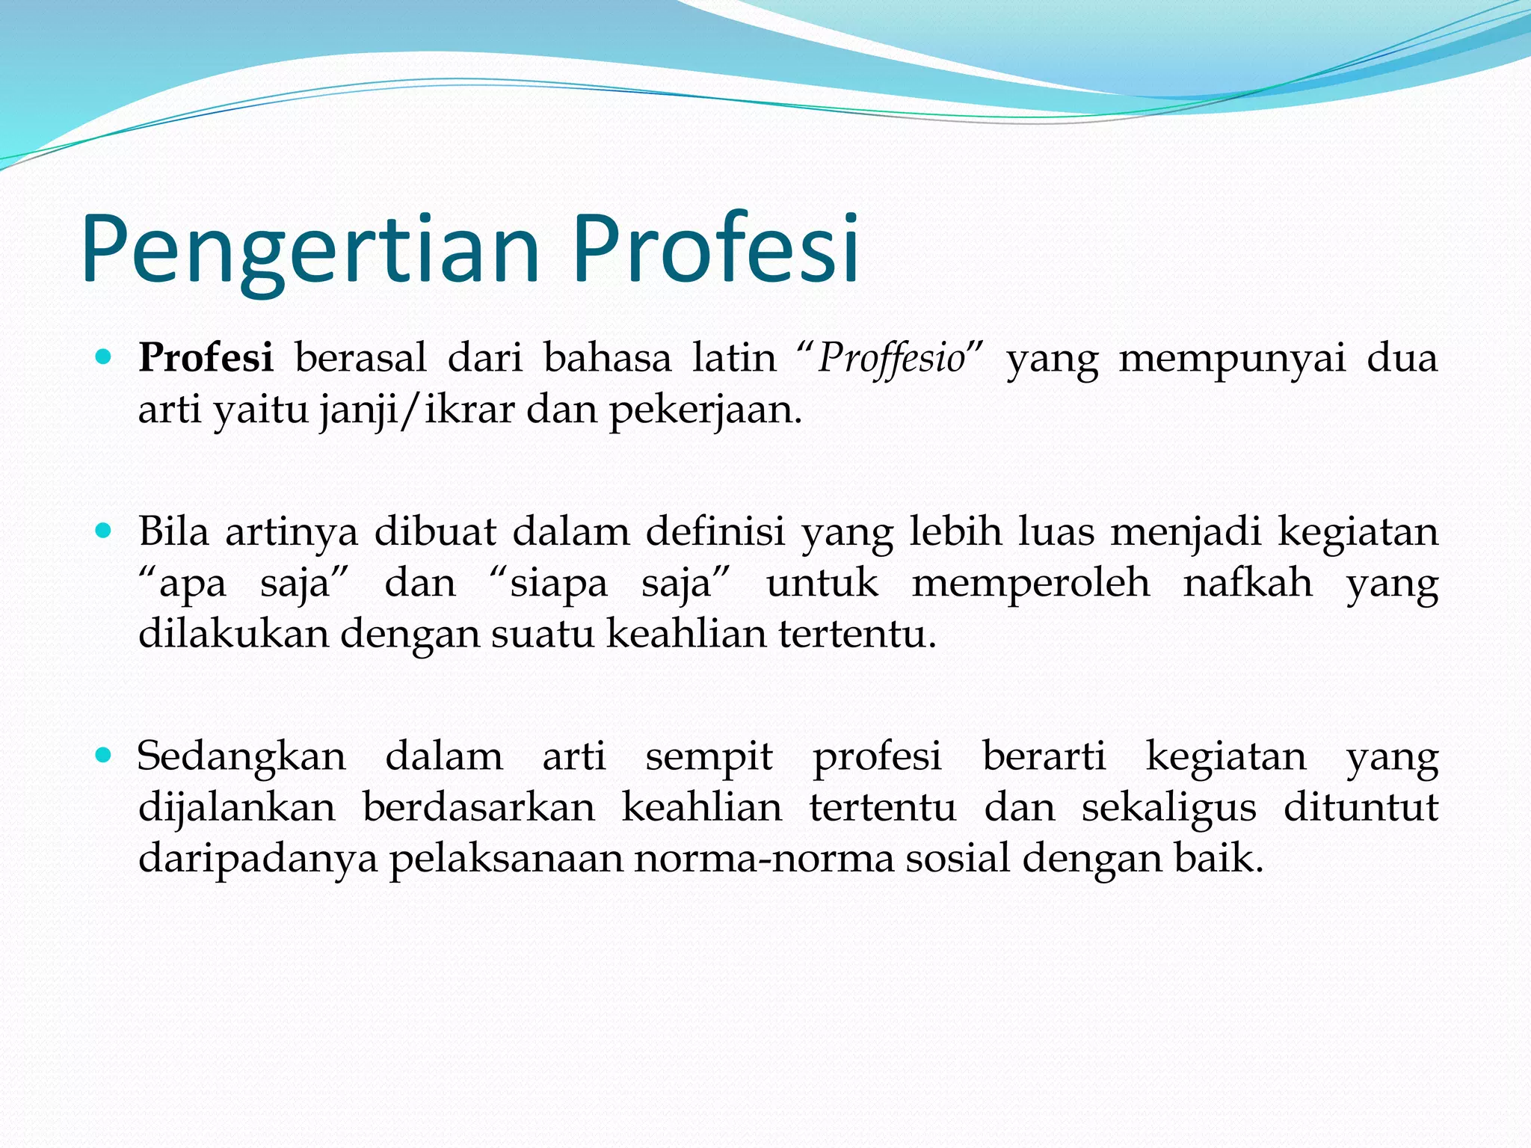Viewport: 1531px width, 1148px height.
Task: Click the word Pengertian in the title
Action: pos(310,250)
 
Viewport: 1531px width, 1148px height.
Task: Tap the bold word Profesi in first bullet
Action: pos(206,358)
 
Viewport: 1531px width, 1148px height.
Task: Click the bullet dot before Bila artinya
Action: pos(104,531)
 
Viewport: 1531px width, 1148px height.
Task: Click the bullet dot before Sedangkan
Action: pos(104,756)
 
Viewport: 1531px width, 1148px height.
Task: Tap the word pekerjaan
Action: pos(705,410)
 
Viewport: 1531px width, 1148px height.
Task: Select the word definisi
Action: pos(715,532)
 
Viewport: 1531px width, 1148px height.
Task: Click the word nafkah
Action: pos(1248,583)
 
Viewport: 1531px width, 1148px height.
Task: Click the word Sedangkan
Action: pos(241,757)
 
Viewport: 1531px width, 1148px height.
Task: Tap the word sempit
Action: pos(709,757)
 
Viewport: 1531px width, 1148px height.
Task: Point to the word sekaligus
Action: pos(1168,808)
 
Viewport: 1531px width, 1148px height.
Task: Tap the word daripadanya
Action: pos(258,859)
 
